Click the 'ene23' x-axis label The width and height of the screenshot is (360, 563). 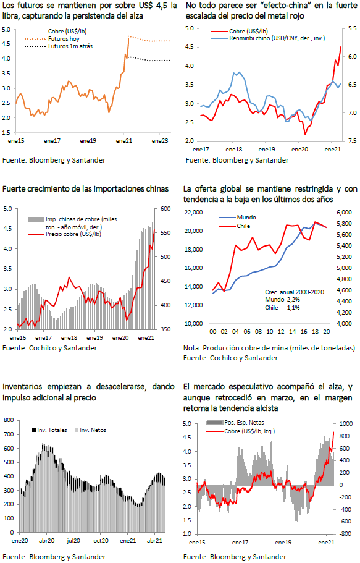pyautogui.click(x=160, y=141)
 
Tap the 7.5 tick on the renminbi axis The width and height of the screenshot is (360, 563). pyautogui.click(x=352, y=141)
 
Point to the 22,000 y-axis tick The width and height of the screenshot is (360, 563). pyautogui.click(x=193, y=212)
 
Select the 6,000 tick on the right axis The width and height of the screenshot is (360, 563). pyautogui.click(x=344, y=212)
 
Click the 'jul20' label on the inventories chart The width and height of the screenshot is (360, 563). pyautogui.click(x=73, y=540)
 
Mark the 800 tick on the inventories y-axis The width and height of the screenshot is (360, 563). pyautogui.click(x=9, y=420)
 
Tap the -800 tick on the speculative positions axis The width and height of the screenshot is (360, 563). pyautogui.click(x=346, y=534)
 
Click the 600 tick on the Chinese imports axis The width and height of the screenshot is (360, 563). pyautogui.click(x=165, y=209)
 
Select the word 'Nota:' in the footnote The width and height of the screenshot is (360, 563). pyautogui.click(x=192, y=348)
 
